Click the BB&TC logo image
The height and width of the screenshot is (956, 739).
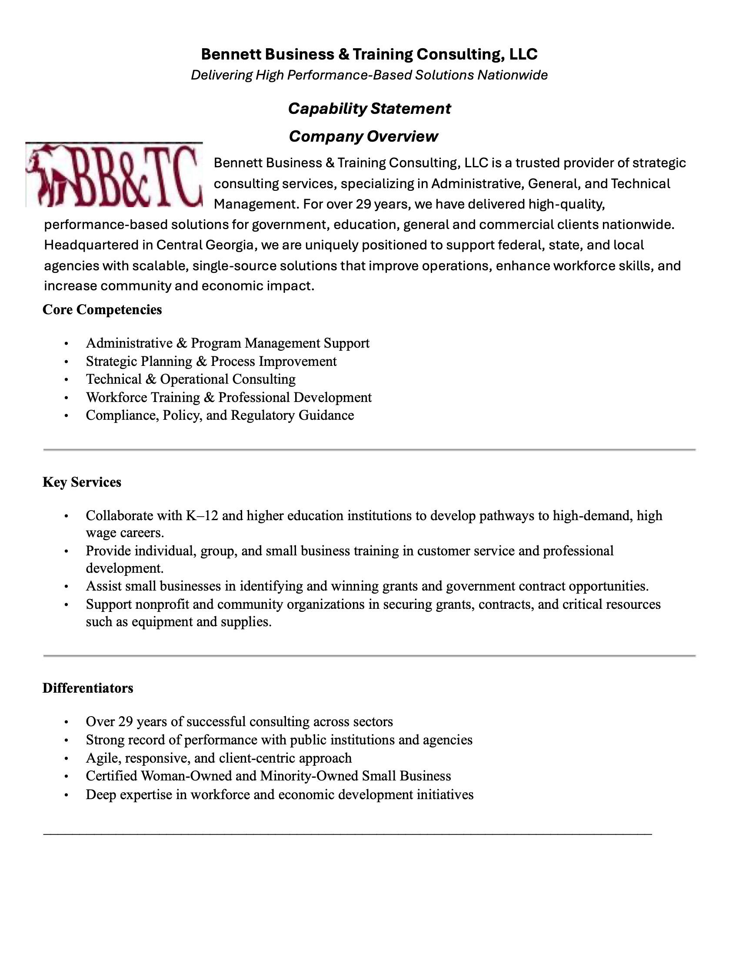point(114,175)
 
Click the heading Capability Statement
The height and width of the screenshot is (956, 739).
point(369,109)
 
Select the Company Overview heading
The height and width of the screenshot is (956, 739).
point(363,136)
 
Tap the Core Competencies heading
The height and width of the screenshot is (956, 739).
point(102,309)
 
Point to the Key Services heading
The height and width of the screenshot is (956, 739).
point(82,482)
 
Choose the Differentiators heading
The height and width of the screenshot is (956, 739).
point(87,688)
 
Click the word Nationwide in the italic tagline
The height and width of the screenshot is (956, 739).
point(512,75)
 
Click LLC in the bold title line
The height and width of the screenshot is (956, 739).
point(523,54)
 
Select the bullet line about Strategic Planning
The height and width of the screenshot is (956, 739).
point(211,361)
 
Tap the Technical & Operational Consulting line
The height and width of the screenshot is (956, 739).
point(190,379)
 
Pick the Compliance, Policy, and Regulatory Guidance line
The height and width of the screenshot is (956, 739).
point(220,415)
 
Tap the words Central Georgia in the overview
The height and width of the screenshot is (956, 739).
point(205,245)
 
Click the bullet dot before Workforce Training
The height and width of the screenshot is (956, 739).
point(66,398)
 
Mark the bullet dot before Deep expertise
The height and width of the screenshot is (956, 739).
point(66,794)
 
